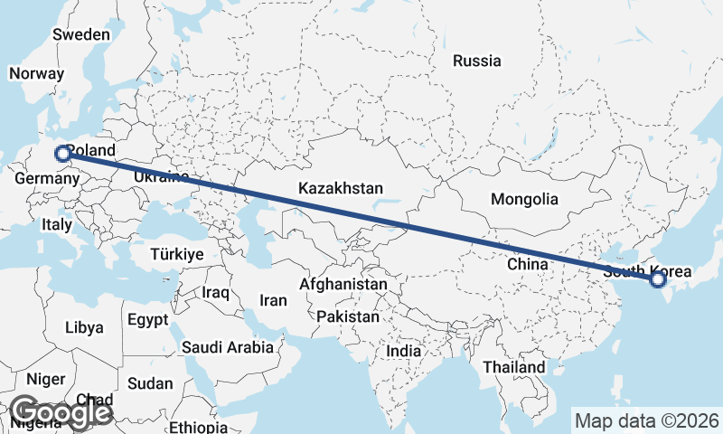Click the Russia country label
point(476,61)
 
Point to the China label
point(528,264)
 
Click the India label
point(403,351)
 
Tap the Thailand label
point(513,367)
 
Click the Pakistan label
point(348,316)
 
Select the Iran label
point(273,300)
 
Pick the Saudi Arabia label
point(227,346)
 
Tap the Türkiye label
point(177,254)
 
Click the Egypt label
point(147,320)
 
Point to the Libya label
point(84,327)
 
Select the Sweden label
point(81,34)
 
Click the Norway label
point(36,74)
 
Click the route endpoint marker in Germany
point(62,154)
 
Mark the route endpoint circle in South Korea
point(658,279)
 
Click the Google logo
point(61,412)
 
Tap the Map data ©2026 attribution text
point(646,420)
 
